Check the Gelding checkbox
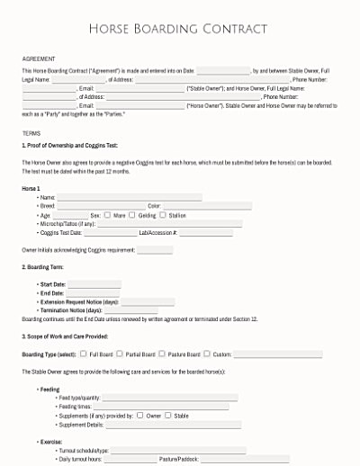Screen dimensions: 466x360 pos(132,215)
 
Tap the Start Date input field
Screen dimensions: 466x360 pos(94,284)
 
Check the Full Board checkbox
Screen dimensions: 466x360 pos(84,354)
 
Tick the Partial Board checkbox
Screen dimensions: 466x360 pos(121,354)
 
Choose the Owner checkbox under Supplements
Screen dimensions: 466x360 pos(140,416)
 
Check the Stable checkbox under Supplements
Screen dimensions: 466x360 pos(168,416)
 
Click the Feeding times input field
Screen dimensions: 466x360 pos(161,407)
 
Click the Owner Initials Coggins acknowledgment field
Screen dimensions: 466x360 pos(154,249)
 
